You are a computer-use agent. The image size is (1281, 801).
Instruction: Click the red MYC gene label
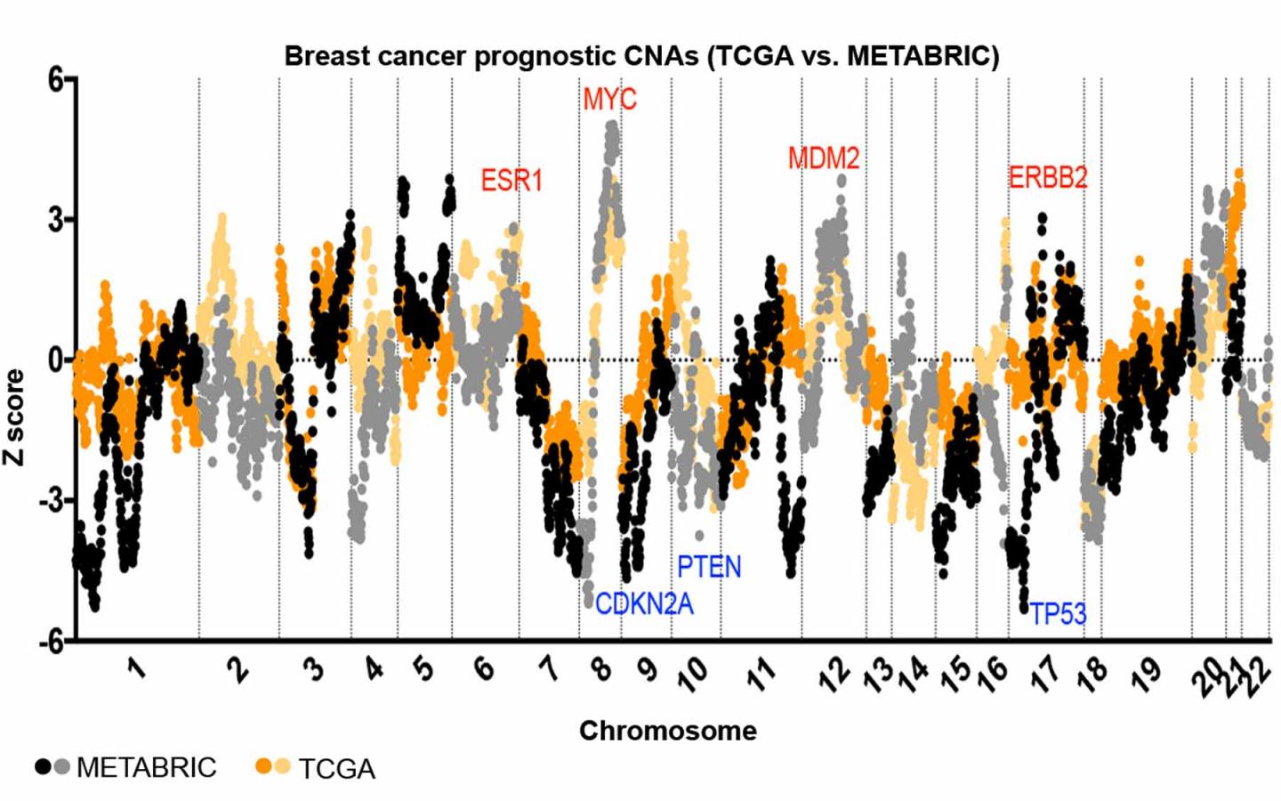609,99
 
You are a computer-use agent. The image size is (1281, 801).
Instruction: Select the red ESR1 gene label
512,181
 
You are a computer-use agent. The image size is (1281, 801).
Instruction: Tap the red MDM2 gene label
824,159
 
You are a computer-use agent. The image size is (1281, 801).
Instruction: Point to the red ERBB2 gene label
1048,178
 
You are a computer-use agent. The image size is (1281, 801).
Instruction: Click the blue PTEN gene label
709,567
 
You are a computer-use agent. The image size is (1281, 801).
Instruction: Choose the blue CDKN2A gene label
644,604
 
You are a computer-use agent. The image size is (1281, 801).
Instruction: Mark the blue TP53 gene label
1058,614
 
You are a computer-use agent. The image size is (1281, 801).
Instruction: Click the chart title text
641,56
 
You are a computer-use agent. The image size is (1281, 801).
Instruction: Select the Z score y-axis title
15,417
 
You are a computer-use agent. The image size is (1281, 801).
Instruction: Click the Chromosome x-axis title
667,731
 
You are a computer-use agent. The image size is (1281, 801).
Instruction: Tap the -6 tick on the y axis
52,641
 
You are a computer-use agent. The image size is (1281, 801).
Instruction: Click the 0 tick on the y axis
57,360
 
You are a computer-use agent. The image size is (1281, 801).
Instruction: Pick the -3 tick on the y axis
52,501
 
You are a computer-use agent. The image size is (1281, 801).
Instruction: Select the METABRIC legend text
147,767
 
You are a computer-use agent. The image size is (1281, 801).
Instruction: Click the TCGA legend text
336,769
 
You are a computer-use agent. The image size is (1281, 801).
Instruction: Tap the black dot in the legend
43,766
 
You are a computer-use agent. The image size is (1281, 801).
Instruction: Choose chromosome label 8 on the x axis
603,667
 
